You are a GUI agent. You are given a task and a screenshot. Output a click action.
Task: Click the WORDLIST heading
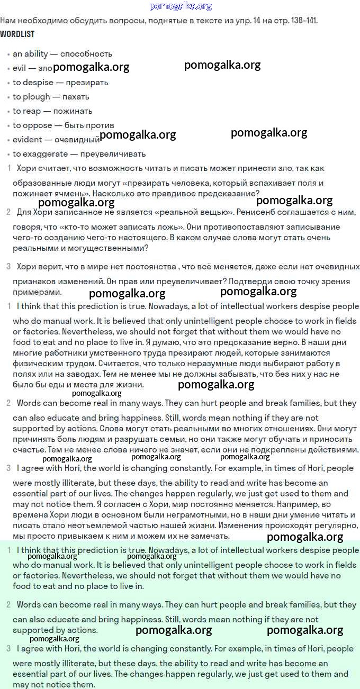pos(17,34)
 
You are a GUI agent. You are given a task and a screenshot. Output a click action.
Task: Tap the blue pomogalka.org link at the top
pos(181,6)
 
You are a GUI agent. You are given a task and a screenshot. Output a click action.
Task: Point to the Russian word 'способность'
pos(86,54)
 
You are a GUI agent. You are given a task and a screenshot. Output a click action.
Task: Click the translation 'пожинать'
pos(73,111)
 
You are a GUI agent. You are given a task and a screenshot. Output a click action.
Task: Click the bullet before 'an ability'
pos(8,55)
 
